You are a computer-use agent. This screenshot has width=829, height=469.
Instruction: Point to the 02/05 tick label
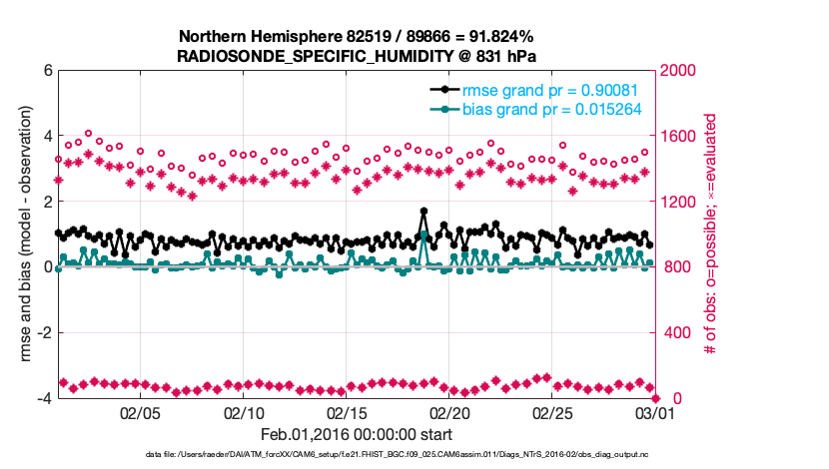pos(140,413)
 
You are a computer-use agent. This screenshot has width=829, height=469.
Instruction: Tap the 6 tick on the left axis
pos(47,71)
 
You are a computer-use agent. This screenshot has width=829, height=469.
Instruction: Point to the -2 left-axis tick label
pos(44,333)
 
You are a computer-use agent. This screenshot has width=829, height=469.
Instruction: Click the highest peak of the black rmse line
pos(424,212)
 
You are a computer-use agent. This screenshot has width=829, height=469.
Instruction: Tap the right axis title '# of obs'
pos(710,234)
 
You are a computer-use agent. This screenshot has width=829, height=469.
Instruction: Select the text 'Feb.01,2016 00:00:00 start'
pos(357,434)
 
